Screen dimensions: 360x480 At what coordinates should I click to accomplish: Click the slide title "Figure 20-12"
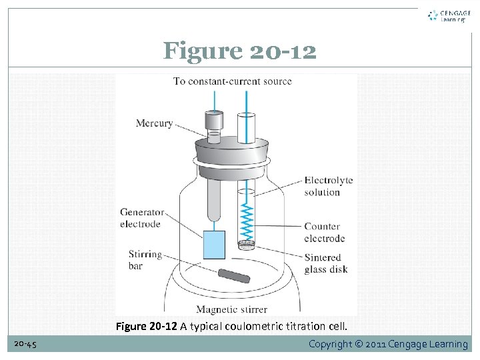coord(240,51)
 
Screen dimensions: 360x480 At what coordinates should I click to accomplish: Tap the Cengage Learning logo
coord(447,15)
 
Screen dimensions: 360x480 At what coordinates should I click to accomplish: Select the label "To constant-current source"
coord(233,81)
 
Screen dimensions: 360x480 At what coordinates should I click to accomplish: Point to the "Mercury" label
coord(154,123)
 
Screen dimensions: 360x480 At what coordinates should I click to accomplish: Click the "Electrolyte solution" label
coord(328,186)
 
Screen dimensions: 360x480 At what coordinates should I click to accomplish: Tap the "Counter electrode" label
coord(324,232)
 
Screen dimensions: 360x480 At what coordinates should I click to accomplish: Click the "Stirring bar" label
coord(145,260)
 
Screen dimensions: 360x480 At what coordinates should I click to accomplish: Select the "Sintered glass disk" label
coord(325,263)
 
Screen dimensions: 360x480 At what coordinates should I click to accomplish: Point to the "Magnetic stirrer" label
coord(231,309)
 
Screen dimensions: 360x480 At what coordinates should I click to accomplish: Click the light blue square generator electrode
coord(214,245)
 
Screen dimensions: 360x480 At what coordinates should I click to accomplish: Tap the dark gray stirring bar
coord(233,276)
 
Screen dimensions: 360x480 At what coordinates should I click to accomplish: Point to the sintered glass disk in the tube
coord(246,245)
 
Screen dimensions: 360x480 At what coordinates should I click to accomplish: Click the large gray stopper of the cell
coord(231,153)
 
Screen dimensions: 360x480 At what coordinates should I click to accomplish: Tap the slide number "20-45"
coord(25,344)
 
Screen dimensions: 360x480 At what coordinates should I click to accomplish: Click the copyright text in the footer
coord(388,344)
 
